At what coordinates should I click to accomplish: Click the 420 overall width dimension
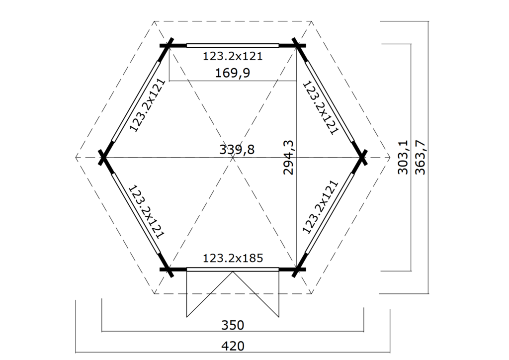[x=233, y=345]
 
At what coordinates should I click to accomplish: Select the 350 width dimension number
[x=233, y=325]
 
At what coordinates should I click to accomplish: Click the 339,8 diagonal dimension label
[x=237, y=149]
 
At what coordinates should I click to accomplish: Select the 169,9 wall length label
[x=232, y=73]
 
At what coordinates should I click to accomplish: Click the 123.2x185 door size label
[x=233, y=258]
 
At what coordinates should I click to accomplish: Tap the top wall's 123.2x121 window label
[x=233, y=56]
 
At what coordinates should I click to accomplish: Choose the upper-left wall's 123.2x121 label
[x=147, y=105]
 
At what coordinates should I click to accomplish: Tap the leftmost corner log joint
[x=103, y=158]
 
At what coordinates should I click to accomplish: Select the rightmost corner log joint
[x=362, y=158]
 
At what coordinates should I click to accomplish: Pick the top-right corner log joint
[x=297, y=45]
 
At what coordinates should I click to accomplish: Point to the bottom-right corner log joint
[x=297, y=270]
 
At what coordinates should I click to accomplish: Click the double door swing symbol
[x=233, y=293]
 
